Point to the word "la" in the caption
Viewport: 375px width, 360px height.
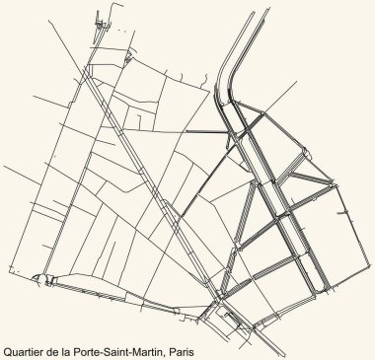[x=71, y=347]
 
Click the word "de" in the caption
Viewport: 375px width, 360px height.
[x=57, y=347]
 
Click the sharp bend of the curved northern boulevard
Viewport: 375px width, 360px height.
[x=230, y=76]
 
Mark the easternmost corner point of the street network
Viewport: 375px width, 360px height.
[x=351, y=212]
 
